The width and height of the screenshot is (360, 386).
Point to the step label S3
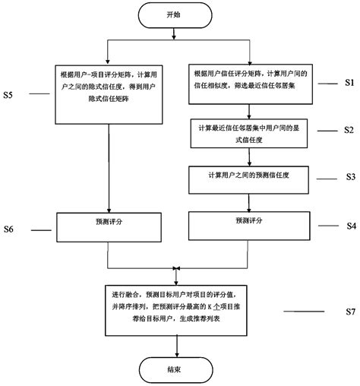point(349,176)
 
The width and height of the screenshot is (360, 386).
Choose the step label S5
point(9,96)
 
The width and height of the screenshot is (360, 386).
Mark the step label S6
point(9,229)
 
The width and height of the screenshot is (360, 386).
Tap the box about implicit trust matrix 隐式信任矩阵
point(109,92)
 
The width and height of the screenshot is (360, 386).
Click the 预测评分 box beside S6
point(109,223)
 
